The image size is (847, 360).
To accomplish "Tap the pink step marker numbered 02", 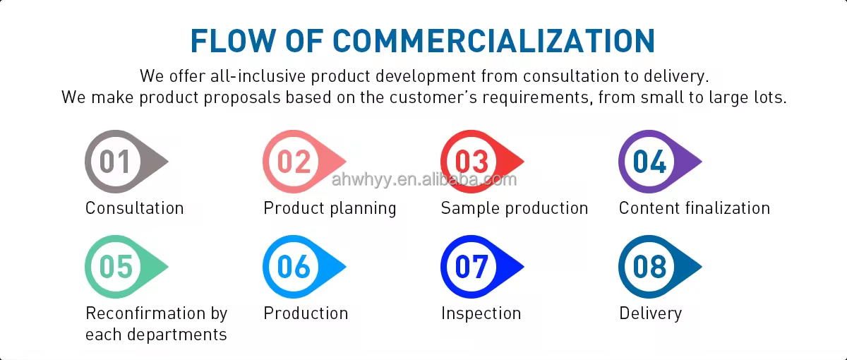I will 294,162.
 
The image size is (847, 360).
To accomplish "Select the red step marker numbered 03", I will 471,162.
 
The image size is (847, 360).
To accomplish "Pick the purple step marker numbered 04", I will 649,162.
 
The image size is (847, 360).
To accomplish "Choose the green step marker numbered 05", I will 116,267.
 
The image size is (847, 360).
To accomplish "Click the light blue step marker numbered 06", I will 294,267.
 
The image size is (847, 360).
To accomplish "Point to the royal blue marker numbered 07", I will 471,267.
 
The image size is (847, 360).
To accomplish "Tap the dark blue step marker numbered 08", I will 649,267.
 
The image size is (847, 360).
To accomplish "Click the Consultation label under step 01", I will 134,208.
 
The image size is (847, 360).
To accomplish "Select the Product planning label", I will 330,208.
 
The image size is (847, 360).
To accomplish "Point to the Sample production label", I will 514,208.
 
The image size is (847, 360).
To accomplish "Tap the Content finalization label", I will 694,208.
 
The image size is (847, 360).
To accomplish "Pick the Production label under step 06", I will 306,313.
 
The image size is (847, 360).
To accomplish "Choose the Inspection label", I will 481,313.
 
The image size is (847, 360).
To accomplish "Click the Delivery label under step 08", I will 650,313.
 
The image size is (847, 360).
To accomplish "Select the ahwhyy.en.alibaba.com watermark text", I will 423,179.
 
